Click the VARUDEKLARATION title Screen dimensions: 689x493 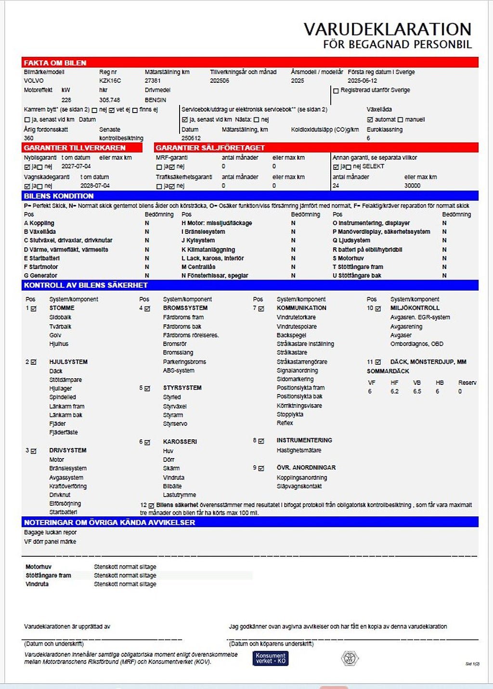(x=387, y=29)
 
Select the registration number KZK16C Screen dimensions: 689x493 (x=110, y=81)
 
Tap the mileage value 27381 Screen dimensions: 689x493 (x=153, y=81)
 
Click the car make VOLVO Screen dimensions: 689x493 (x=34, y=81)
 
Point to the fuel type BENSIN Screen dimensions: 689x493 (x=155, y=100)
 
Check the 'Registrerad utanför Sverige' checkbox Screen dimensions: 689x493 (x=336, y=90)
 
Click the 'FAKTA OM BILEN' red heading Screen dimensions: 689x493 (x=55, y=63)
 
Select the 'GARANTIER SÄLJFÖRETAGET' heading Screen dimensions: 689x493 (x=210, y=148)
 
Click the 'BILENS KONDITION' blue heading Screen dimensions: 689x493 (x=59, y=196)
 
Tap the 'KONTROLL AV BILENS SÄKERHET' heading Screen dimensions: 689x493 (x=86, y=285)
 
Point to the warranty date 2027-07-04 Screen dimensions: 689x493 (x=76, y=166)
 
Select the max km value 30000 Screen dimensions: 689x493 (x=412, y=186)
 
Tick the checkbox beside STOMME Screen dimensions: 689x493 (x=34, y=308)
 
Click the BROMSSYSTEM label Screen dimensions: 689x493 (x=185, y=308)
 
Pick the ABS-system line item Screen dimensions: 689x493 (x=179, y=370)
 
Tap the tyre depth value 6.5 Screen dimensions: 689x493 (x=417, y=392)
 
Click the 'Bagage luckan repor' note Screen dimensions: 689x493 (x=50, y=533)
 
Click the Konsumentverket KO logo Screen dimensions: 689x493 (x=270, y=658)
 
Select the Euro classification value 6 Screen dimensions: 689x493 (x=368, y=138)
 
